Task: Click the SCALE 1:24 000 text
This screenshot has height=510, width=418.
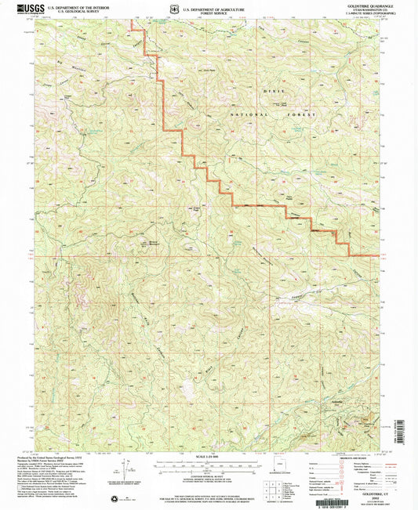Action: (209, 456)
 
